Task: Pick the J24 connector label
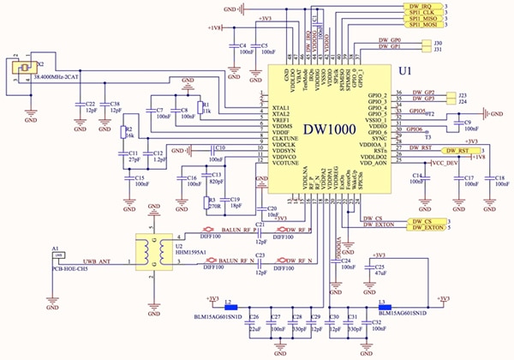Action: coord(462,101)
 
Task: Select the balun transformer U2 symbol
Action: coord(155,250)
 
